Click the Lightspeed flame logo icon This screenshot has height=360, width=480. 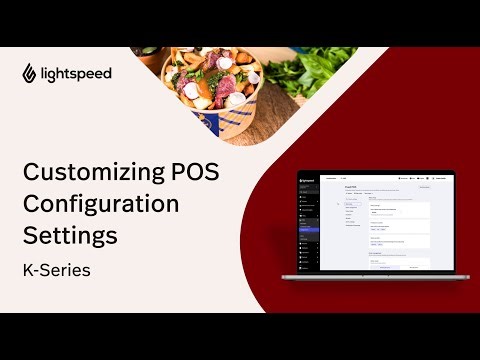coord(31,73)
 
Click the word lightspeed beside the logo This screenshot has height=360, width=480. coord(78,73)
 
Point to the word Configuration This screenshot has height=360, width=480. coord(101,204)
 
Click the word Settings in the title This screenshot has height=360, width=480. coord(70,237)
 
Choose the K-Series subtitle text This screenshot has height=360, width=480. coord(60,270)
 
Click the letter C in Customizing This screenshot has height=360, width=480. coord(31,172)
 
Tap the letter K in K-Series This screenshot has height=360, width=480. coord(28,270)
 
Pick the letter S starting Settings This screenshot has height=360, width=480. coord(30,237)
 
